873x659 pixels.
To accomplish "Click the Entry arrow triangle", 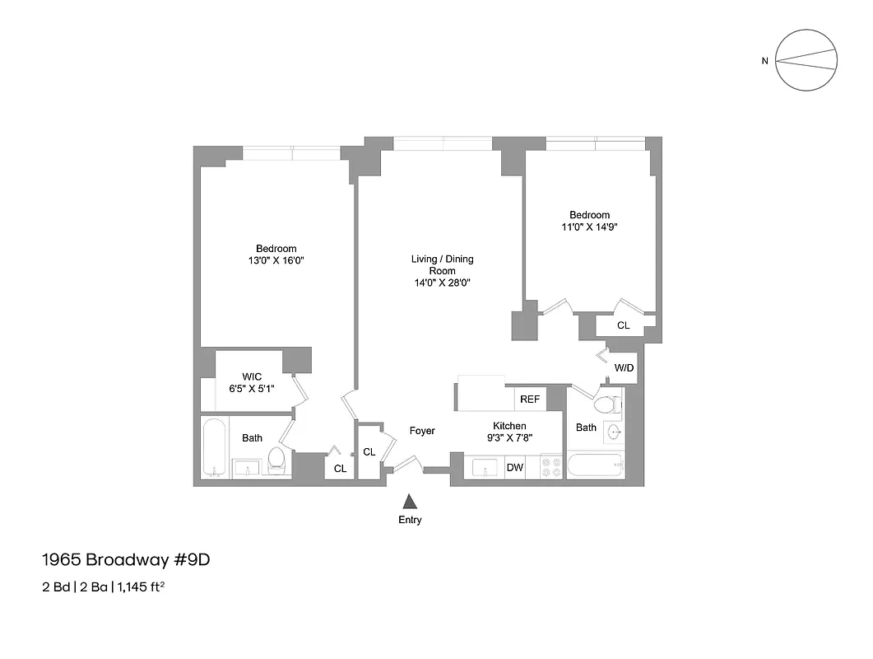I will point(410,501).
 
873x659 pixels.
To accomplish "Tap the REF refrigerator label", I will point(530,400).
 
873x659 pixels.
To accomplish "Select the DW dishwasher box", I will point(514,468).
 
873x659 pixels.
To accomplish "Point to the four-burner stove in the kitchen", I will point(550,467).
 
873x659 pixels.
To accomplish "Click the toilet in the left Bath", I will point(276,460).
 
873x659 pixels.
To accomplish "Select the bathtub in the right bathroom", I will point(594,467).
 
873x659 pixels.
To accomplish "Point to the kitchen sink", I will point(485,468).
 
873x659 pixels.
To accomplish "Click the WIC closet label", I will point(251,376).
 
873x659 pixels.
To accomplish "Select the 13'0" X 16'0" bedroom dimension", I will point(276,260).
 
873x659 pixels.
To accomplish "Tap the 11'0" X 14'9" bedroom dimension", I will point(589,227).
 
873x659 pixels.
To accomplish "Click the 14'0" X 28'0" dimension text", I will point(442,283).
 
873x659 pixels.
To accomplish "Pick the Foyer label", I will point(422,431).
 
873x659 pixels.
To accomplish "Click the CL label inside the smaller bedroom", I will point(623,325).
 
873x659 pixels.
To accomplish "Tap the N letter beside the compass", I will point(764,60).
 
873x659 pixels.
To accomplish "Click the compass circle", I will point(807,60).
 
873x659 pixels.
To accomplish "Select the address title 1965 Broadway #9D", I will point(126,560).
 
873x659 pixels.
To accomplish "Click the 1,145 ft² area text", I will point(145,587).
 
